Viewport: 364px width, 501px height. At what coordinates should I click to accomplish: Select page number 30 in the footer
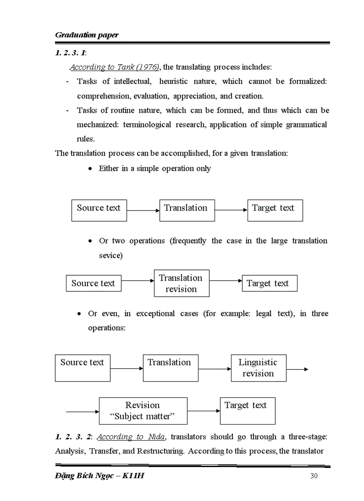pos(314,476)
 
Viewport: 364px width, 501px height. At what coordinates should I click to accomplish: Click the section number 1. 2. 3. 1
pos(70,53)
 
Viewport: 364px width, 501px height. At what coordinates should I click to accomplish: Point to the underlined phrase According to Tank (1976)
pos(115,67)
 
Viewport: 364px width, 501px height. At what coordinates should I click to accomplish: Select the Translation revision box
pos(181,283)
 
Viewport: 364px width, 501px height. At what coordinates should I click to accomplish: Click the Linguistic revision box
pos(258,368)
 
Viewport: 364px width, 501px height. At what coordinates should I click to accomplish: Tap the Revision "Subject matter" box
pos(143,411)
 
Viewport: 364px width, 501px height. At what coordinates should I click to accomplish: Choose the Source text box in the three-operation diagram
pos(83,368)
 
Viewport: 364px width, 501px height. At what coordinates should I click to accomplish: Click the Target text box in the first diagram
pos(275,210)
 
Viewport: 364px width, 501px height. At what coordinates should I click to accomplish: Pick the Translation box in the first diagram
pos(186,210)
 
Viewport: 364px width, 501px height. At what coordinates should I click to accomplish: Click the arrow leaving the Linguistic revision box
pos(297,369)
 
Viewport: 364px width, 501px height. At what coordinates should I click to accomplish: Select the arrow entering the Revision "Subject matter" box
pos(82,411)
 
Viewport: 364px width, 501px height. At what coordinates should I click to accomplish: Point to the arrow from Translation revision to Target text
pos(226,281)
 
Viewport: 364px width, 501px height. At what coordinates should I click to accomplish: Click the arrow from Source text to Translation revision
pos(137,281)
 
